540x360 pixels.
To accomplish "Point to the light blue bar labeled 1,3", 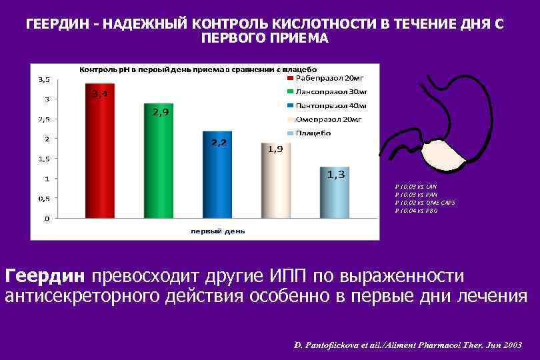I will pyautogui.click(x=334, y=193).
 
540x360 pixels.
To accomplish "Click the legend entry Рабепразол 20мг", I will pyautogui.click(x=326, y=78).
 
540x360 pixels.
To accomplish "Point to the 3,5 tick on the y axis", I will pyautogui.click(x=43, y=79).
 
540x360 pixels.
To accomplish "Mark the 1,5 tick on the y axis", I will pyautogui.click(x=43, y=159).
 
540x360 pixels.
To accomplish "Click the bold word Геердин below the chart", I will pyautogui.click(x=45, y=275).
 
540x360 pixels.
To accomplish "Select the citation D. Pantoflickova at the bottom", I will pyautogui.click(x=407, y=345).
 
